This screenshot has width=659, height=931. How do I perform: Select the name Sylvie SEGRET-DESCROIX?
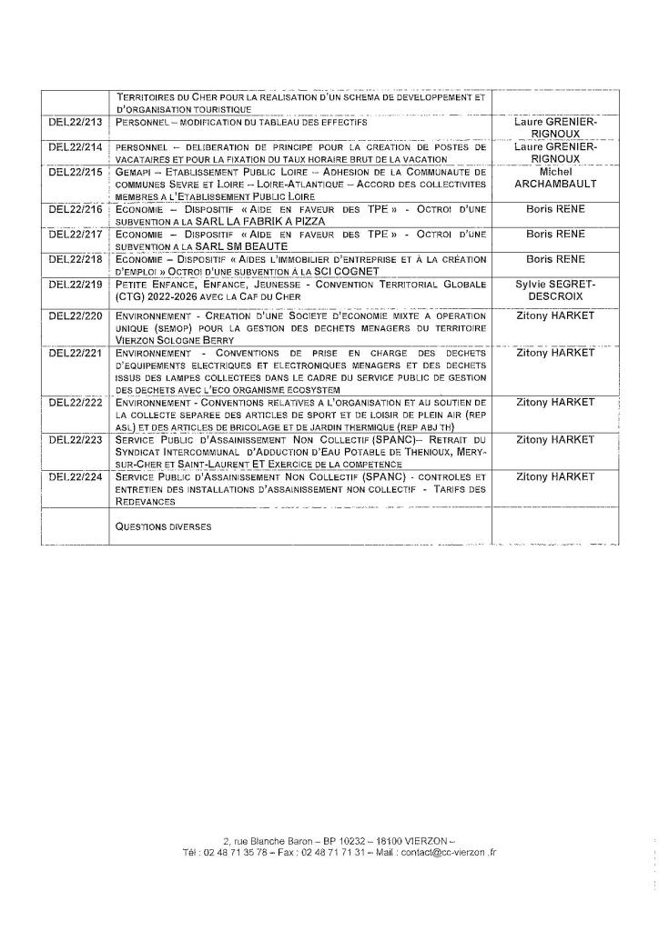click(x=555, y=290)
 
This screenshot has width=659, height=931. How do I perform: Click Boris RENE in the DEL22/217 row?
click(x=555, y=234)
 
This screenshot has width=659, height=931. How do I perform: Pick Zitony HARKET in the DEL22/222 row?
click(x=555, y=401)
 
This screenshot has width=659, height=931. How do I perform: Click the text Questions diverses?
click(x=158, y=526)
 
